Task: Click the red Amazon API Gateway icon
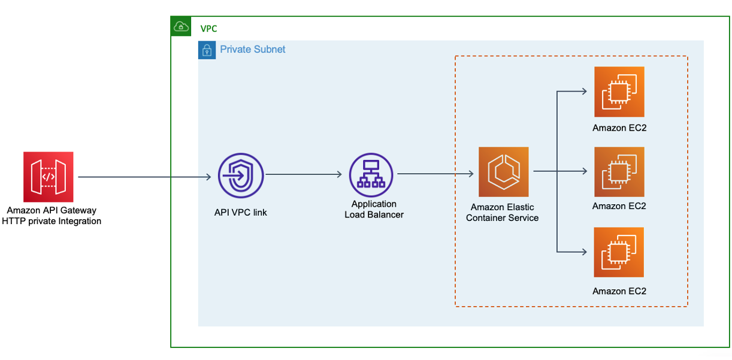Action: [x=49, y=177]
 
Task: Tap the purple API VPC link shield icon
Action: [x=241, y=176]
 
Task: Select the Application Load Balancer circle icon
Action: [x=371, y=175]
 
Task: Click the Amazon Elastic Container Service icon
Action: [x=504, y=172]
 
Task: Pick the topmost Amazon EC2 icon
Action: [x=619, y=92]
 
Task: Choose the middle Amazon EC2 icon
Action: [x=619, y=172]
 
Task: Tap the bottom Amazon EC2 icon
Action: [x=619, y=252]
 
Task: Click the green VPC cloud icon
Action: [x=181, y=26]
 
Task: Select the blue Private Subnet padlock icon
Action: [x=207, y=50]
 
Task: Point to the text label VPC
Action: [x=208, y=29]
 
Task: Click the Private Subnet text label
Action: [x=252, y=49]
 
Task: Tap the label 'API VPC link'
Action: [x=241, y=212]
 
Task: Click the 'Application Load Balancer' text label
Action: [x=374, y=209]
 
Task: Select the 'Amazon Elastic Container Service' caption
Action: [x=502, y=212]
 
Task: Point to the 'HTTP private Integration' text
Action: [x=52, y=221]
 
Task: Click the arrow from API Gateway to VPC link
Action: [x=144, y=177]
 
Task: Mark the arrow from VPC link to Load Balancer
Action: [x=304, y=174]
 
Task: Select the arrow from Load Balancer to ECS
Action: [x=435, y=174]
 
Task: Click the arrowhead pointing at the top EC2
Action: [x=583, y=92]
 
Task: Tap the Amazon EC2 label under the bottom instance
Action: [x=619, y=291]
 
